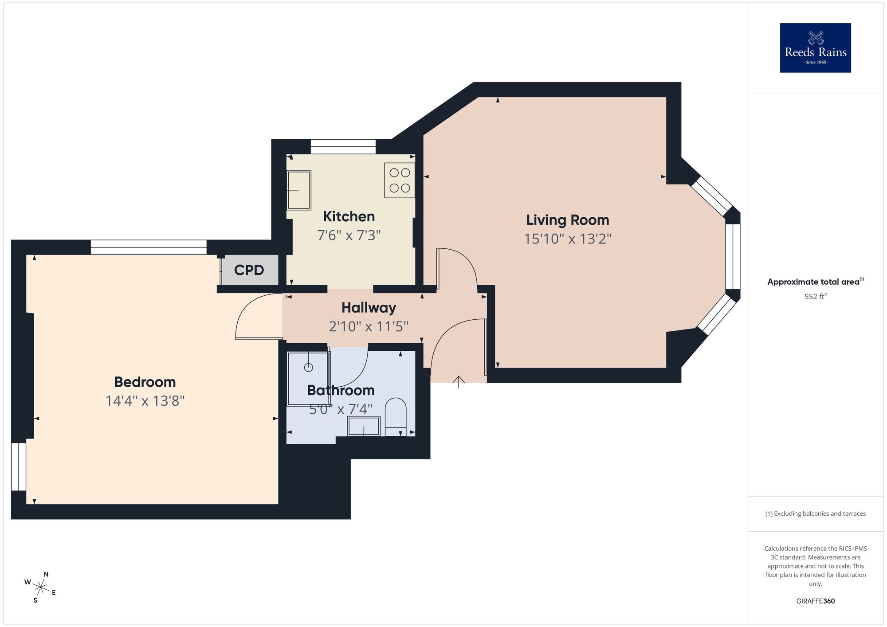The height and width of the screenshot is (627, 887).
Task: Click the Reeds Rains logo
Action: [815, 48]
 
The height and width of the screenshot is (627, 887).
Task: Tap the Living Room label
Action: [567, 220]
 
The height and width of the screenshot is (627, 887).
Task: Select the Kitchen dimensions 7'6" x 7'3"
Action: [349, 235]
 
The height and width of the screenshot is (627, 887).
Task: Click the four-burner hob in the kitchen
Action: [400, 180]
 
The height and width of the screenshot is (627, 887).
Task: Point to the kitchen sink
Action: [299, 190]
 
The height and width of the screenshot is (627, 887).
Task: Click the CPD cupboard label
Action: [249, 270]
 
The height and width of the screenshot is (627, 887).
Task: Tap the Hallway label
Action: [369, 308]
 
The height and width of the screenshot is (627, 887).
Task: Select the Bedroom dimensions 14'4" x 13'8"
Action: [145, 401]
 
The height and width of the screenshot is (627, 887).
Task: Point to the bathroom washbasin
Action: [364, 426]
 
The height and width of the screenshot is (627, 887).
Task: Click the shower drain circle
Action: [309, 367]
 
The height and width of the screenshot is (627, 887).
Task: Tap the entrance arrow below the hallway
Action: [459, 382]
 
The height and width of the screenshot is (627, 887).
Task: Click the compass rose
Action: [40, 588]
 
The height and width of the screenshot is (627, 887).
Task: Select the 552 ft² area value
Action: [815, 296]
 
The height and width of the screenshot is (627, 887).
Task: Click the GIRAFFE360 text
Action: [815, 601]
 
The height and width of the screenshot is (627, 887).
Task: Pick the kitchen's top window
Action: [343, 147]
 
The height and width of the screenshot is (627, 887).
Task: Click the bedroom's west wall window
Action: [19, 466]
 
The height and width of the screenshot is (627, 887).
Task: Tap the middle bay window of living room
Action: [733, 257]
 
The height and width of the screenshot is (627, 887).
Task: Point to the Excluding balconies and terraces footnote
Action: [815, 513]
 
